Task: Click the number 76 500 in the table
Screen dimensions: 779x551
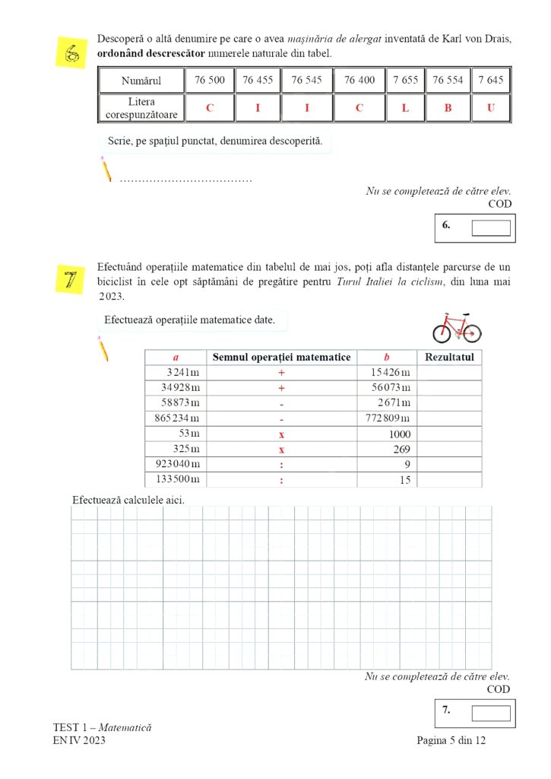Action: pos(209,80)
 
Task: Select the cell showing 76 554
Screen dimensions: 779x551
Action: pos(448,80)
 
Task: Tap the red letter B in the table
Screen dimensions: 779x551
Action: pos(448,108)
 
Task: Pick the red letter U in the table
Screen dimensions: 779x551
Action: pos(490,108)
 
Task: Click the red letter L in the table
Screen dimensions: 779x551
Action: pos(405,108)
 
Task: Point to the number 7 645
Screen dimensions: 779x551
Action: pos(490,80)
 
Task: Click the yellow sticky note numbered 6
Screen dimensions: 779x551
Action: pos(72,53)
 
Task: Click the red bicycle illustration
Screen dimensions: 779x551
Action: pos(457,327)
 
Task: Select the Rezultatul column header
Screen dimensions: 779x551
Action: pos(450,357)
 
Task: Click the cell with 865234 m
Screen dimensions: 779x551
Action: pos(176,418)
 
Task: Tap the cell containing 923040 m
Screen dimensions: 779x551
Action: pos(176,463)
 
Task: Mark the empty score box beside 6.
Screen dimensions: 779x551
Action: pos(490,227)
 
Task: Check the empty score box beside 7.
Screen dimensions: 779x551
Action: pos(490,713)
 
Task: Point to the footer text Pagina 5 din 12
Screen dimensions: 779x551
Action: pos(451,741)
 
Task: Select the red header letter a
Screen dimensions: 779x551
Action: pos(176,357)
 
